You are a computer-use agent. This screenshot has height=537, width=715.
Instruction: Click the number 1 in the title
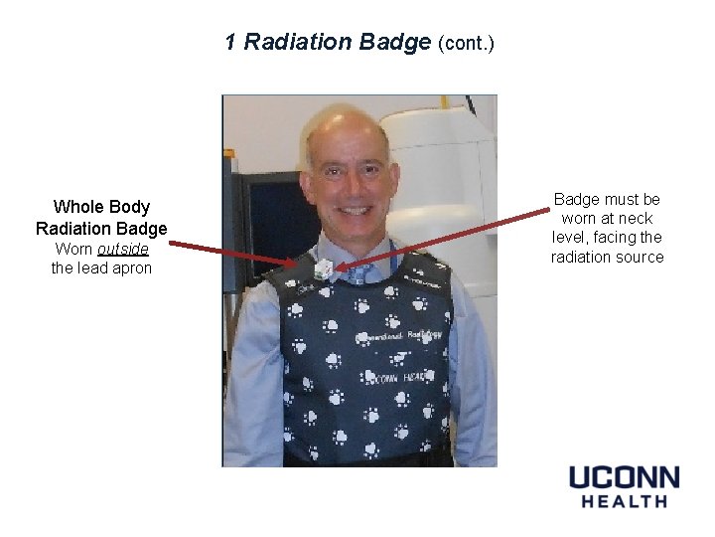tap(230, 42)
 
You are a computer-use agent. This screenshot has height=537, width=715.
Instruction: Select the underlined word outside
tap(123, 249)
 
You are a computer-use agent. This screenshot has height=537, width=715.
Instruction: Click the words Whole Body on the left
tap(101, 207)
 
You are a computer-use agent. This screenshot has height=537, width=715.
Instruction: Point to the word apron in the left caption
tap(131, 268)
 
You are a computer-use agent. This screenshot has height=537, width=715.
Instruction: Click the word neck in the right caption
tap(632, 219)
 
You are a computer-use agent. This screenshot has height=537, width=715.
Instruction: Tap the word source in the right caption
tap(639, 258)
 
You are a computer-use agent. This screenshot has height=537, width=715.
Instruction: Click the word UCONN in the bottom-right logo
tap(624, 477)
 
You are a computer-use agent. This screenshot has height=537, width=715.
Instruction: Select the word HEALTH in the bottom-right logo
tap(624, 501)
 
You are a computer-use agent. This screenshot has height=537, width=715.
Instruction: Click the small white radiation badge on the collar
tap(323, 269)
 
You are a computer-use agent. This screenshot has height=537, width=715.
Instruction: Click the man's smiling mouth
tap(356, 211)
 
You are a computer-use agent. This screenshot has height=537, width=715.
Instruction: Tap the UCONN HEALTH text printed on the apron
tap(397, 378)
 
